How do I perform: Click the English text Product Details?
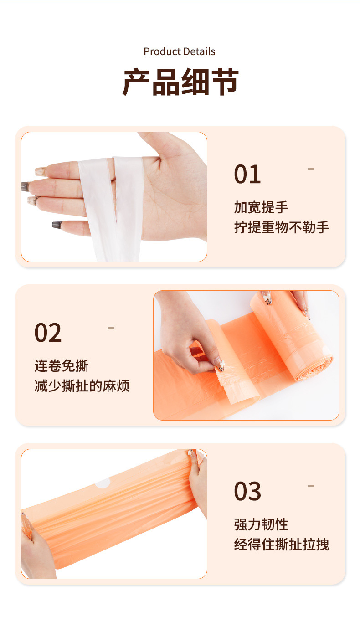[x=180, y=51]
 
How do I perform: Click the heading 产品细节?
[x=180, y=82]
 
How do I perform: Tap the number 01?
[x=247, y=175]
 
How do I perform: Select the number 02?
[x=48, y=333]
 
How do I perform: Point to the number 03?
[x=247, y=492]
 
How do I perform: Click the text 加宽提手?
[x=261, y=207]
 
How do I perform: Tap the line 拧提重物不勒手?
[x=282, y=227]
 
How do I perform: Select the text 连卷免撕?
[x=62, y=366]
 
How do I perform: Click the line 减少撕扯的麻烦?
[x=82, y=386]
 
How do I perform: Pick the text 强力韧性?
[x=261, y=524]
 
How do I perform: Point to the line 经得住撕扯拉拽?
[x=282, y=545]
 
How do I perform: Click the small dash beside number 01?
[x=311, y=169]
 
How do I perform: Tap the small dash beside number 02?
[x=111, y=328]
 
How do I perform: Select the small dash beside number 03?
[x=311, y=486]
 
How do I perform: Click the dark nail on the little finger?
[x=57, y=225]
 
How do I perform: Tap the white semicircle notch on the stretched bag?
[x=103, y=483]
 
